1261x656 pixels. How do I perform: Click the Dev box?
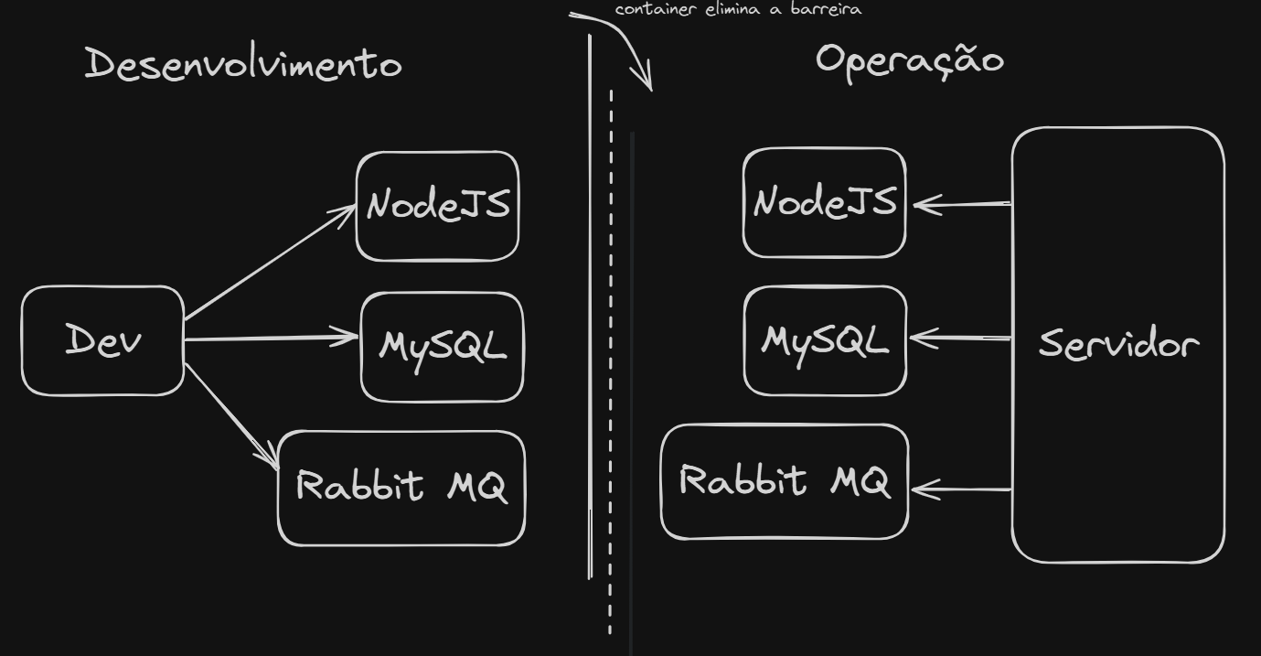point(102,340)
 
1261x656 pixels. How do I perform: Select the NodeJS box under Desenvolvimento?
point(437,206)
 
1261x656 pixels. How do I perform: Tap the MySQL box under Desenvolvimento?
point(443,347)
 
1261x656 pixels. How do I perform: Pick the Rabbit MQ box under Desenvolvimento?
point(401,488)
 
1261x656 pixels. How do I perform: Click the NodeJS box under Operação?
point(824,202)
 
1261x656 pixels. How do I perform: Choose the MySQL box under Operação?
point(825,341)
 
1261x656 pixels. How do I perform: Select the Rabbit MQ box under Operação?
point(785,481)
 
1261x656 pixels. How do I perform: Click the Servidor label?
point(1117,345)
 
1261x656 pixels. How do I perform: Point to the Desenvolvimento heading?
point(243,65)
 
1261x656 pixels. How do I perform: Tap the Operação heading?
point(909,60)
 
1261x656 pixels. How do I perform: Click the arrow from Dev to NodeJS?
point(270,263)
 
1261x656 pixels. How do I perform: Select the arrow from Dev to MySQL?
point(271,339)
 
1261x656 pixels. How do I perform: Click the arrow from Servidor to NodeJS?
point(962,204)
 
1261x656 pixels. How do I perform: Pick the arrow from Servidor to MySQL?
point(960,339)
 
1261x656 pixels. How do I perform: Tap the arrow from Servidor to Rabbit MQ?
point(960,489)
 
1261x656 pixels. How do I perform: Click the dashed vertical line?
point(611,366)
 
